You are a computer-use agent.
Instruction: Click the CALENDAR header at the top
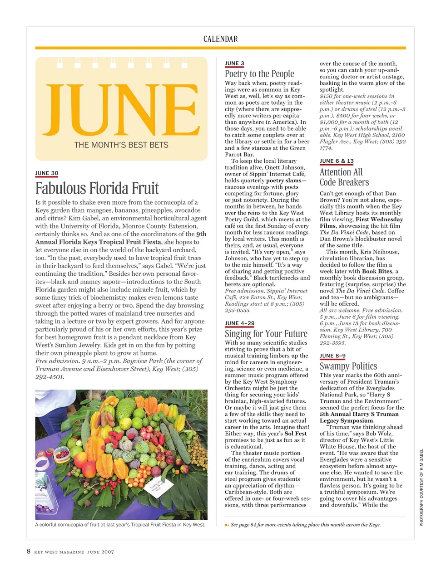coord(220,39)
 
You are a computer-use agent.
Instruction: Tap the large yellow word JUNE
coord(122,110)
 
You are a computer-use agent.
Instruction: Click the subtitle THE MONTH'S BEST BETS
coord(121,145)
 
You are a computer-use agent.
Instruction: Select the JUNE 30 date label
coord(47,173)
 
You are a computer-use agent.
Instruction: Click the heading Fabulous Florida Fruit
coord(97,188)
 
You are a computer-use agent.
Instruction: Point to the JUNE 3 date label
coord(234,63)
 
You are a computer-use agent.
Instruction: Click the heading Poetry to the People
coord(259,74)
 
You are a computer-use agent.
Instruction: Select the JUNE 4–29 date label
coord(240,323)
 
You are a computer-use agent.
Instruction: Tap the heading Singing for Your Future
coord(266,334)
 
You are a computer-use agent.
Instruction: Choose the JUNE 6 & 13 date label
coord(337,161)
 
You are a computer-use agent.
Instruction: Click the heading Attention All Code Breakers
coord(344,177)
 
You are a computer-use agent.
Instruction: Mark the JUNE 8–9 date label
coord(332,356)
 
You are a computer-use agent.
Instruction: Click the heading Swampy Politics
coord(348,366)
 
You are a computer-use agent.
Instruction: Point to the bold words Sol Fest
coord(296,434)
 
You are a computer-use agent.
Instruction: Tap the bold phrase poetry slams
coord(283,181)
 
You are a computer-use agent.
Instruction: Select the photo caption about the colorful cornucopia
coord(120,525)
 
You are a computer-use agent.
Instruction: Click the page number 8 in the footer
coord(29,551)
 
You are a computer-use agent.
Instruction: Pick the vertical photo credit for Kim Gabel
coord(421,488)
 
